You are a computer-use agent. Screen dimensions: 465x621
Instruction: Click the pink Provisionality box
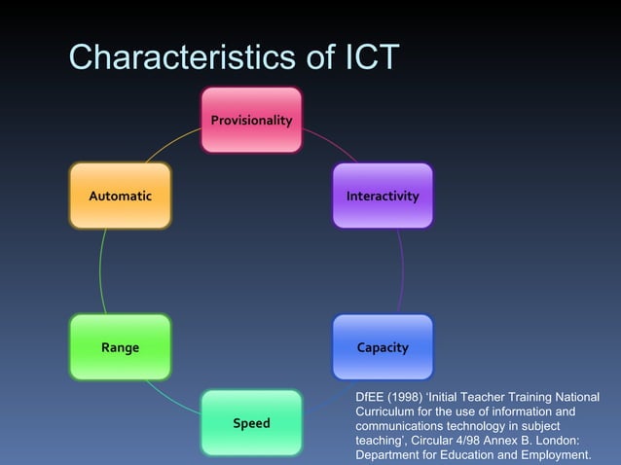coord(251,120)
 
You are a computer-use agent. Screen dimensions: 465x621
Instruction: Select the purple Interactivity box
coord(383,196)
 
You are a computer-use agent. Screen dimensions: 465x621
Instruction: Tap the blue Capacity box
coord(383,347)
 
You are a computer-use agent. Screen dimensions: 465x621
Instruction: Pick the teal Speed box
coord(251,423)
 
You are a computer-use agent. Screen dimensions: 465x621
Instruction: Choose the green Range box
coord(121,347)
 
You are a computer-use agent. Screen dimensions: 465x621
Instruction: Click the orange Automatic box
coord(121,196)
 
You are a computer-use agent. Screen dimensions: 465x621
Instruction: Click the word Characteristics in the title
coord(180,57)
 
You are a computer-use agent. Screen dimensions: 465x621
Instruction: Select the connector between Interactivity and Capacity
coord(401,271)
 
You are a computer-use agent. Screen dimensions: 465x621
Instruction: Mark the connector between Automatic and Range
coord(101,271)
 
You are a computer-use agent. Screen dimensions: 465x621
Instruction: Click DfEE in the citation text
coord(371,397)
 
